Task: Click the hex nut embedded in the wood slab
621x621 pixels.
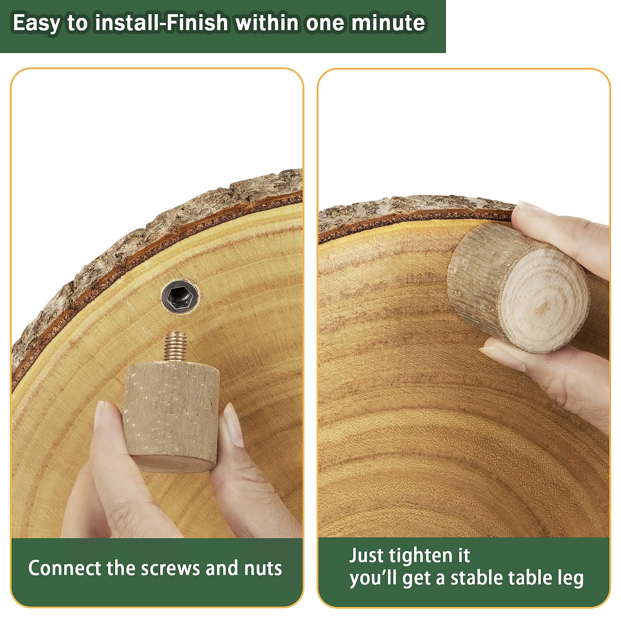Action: (180, 296)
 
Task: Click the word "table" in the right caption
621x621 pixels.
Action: (529, 578)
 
